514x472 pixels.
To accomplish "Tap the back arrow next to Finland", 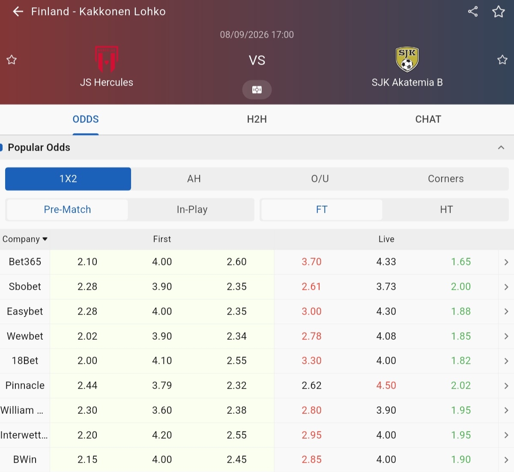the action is click(18, 12).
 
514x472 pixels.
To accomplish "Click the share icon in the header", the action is click(473, 12).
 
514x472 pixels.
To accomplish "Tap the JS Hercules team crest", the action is click(107, 59).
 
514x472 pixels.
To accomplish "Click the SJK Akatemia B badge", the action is click(407, 59).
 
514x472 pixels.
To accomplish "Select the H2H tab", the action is click(257, 119).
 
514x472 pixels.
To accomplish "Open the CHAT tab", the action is click(428, 119).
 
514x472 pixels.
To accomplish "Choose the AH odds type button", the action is click(194, 179).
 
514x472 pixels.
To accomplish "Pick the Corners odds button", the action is click(445, 179).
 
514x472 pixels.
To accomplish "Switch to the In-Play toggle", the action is click(192, 210).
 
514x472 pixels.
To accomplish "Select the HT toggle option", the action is click(446, 210).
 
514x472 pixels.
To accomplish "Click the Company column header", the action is click(25, 239).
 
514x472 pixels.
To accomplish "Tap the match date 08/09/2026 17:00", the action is click(257, 35).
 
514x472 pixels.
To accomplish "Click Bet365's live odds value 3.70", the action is click(311, 262).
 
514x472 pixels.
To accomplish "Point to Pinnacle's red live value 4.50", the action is click(386, 386).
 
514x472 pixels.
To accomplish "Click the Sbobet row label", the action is click(25, 287).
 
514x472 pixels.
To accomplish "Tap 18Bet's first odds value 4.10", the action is click(162, 361).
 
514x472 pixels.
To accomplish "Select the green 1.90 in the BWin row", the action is click(461, 460).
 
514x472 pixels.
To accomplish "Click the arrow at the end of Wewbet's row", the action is click(506, 336).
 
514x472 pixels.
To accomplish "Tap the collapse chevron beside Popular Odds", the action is click(501, 148).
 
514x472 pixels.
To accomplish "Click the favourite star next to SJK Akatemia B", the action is click(502, 59).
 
